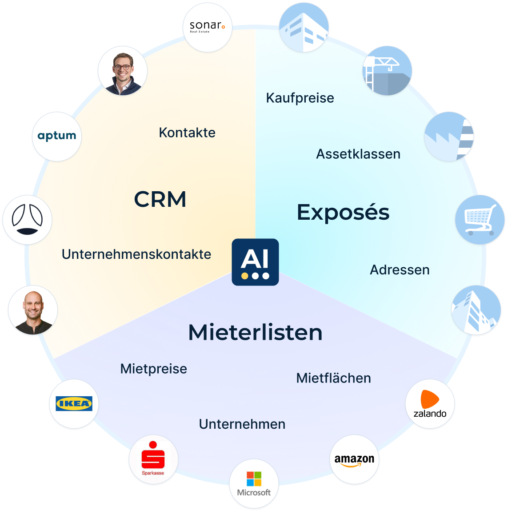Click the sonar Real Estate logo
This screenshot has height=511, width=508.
208,27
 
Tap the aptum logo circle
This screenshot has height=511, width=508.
56,136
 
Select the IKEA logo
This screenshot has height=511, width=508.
74,404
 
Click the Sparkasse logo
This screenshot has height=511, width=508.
153,460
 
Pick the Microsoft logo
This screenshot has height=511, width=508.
254,484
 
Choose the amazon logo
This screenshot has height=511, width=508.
355,460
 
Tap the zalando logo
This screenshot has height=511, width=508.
430,404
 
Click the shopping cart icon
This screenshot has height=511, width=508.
480,219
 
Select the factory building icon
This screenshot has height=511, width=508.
449,136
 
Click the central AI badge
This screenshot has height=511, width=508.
255,262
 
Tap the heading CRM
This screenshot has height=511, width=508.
160,199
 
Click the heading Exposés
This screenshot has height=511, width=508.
343,212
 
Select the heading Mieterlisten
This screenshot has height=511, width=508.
255,332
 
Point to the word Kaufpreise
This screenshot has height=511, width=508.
300,98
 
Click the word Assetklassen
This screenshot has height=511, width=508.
358,154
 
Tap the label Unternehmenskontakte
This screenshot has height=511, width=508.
136,254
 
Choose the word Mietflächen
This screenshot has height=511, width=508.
333,378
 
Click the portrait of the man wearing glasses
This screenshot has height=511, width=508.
122,71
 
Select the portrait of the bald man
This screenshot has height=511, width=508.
32,310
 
